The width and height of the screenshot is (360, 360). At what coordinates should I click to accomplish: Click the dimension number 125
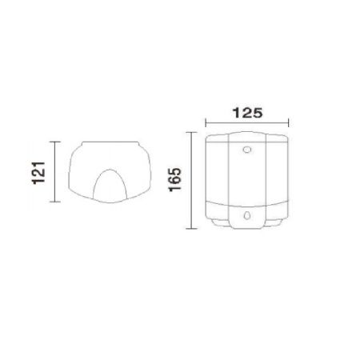click(248, 113)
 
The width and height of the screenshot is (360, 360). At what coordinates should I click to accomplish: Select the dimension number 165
click(175, 179)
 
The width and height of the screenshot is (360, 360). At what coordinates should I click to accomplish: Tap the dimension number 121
click(38, 173)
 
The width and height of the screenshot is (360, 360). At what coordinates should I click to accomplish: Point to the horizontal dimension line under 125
click(247, 123)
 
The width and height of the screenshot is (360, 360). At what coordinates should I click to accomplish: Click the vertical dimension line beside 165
click(191, 180)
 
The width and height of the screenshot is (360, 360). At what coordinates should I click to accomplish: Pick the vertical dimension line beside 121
click(55, 172)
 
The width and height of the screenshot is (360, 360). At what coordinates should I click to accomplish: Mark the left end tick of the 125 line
click(206, 123)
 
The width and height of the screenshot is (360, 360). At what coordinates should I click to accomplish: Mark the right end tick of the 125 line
click(289, 123)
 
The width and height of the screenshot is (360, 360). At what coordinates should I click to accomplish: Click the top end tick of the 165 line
click(191, 132)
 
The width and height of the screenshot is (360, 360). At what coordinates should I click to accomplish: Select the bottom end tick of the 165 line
click(191, 229)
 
